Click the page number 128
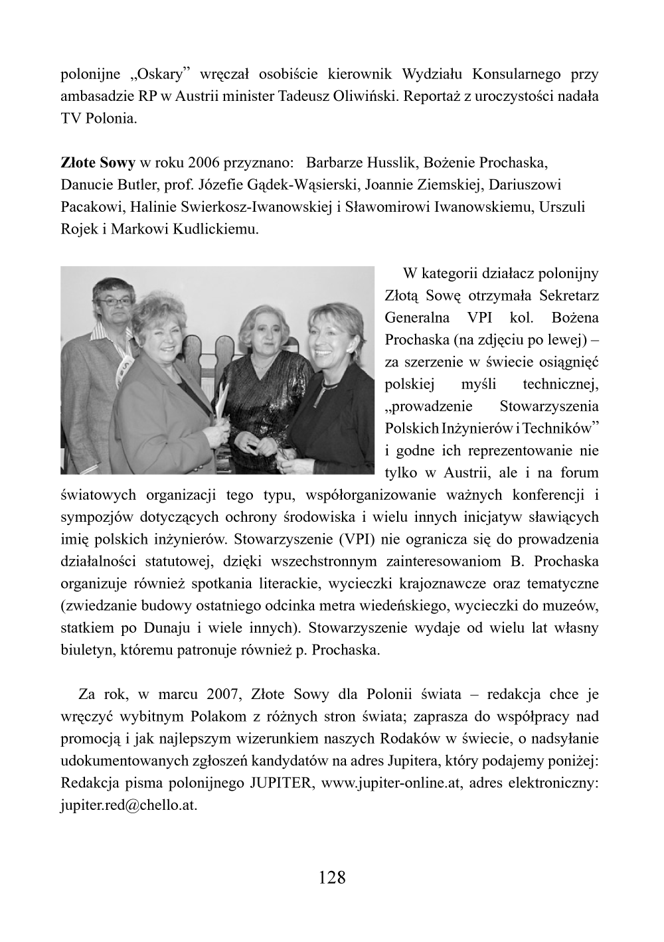point(332,878)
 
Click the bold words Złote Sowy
point(98,163)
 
